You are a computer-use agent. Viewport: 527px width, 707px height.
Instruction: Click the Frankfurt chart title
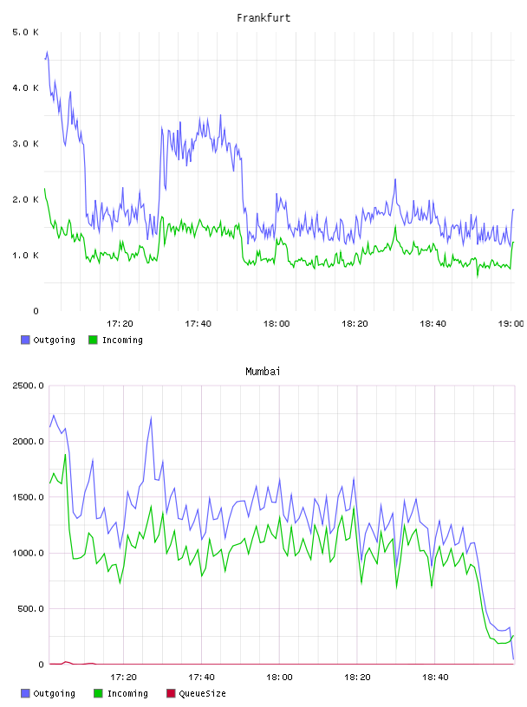[263, 18]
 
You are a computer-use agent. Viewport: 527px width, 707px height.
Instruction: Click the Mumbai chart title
[263, 372]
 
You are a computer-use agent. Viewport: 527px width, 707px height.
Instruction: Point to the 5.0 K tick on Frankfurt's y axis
[25, 32]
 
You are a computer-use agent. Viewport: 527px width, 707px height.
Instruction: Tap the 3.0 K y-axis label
[25, 144]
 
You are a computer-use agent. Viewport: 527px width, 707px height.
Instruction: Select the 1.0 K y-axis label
[25, 256]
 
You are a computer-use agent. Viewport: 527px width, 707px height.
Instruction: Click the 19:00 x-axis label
[511, 324]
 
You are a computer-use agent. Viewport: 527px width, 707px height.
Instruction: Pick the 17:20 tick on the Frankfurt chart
[120, 324]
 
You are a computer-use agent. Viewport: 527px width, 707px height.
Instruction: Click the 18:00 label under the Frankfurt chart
[277, 324]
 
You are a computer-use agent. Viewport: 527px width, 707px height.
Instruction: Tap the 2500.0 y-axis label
[28, 386]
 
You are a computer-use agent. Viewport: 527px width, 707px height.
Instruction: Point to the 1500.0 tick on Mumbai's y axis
[28, 497]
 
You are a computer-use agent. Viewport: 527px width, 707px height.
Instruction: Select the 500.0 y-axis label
[30, 609]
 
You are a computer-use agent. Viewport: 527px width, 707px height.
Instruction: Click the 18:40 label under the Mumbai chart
[435, 678]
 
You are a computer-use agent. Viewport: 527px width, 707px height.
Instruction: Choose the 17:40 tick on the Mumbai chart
[201, 678]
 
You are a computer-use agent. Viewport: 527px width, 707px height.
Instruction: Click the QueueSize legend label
[202, 693]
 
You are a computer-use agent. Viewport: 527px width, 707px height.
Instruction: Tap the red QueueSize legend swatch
[171, 693]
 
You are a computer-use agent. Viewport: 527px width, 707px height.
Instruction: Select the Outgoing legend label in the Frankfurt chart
[54, 340]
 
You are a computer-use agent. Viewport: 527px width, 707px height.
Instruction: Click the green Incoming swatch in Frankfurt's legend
[93, 340]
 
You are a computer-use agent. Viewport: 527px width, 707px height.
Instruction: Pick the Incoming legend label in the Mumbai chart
[127, 693]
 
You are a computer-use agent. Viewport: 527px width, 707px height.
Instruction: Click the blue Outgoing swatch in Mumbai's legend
[25, 693]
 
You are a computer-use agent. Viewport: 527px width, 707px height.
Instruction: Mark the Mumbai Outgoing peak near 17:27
[151, 418]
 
